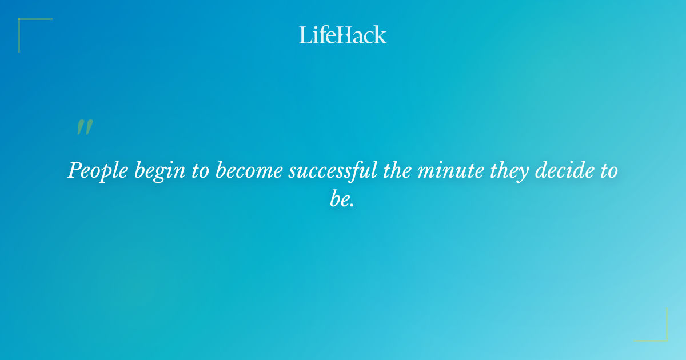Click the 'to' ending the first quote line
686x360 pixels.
point(608,171)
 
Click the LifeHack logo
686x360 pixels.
point(343,35)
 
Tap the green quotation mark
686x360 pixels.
point(85,127)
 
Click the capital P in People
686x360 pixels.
point(74,170)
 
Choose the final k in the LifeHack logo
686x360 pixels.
point(381,35)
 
